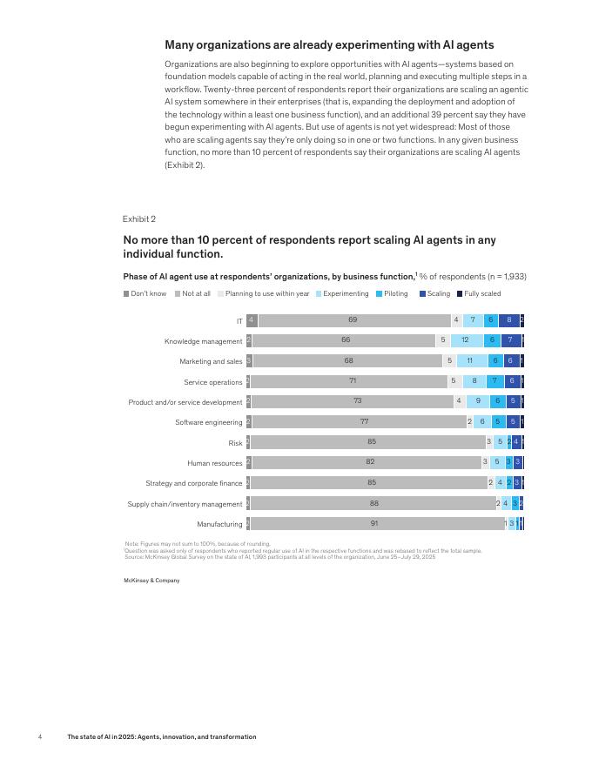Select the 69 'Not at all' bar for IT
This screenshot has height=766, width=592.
pyautogui.click(x=353, y=320)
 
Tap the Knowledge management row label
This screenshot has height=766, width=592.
pyautogui.click(x=204, y=341)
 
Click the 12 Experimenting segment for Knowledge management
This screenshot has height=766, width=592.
pyautogui.click(x=466, y=340)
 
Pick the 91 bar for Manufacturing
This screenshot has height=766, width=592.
pyautogui.click(x=374, y=523)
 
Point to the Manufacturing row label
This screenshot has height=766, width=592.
pyautogui.click(x=219, y=524)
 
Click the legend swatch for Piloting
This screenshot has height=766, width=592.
pyautogui.click(x=380, y=293)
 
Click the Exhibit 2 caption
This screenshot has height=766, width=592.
pyautogui.click(x=139, y=219)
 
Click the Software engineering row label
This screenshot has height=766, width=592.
pyautogui.click(x=209, y=422)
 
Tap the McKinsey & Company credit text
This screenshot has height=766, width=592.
pyautogui.click(x=151, y=580)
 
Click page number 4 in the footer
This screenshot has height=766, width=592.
pyautogui.click(x=40, y=736)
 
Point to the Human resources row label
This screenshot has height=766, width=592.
pyautogui.click(x=215, y=463)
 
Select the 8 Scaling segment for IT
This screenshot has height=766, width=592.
pyautogui.click(x=509, y=320)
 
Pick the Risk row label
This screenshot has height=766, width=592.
pyautogui.click(x=235, y=443)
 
